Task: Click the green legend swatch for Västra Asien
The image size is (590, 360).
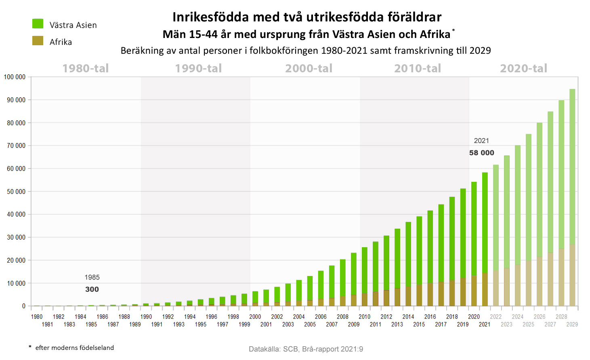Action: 38,24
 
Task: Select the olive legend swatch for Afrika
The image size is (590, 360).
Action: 38,41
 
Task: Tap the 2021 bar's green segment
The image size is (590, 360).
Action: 485,222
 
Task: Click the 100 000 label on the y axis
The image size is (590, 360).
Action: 15,77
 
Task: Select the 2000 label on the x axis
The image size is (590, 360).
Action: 255,317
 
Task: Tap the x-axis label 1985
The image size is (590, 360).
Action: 91,324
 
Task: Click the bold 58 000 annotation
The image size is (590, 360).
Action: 481,153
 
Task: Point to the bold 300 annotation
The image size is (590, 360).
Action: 92,289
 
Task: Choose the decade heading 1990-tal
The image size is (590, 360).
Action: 198,68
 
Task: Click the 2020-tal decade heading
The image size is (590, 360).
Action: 523,68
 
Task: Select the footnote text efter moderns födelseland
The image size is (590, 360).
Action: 74,347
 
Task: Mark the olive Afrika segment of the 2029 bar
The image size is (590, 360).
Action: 572,275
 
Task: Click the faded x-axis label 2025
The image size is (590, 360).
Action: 528,324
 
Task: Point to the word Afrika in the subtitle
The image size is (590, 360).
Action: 435,34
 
